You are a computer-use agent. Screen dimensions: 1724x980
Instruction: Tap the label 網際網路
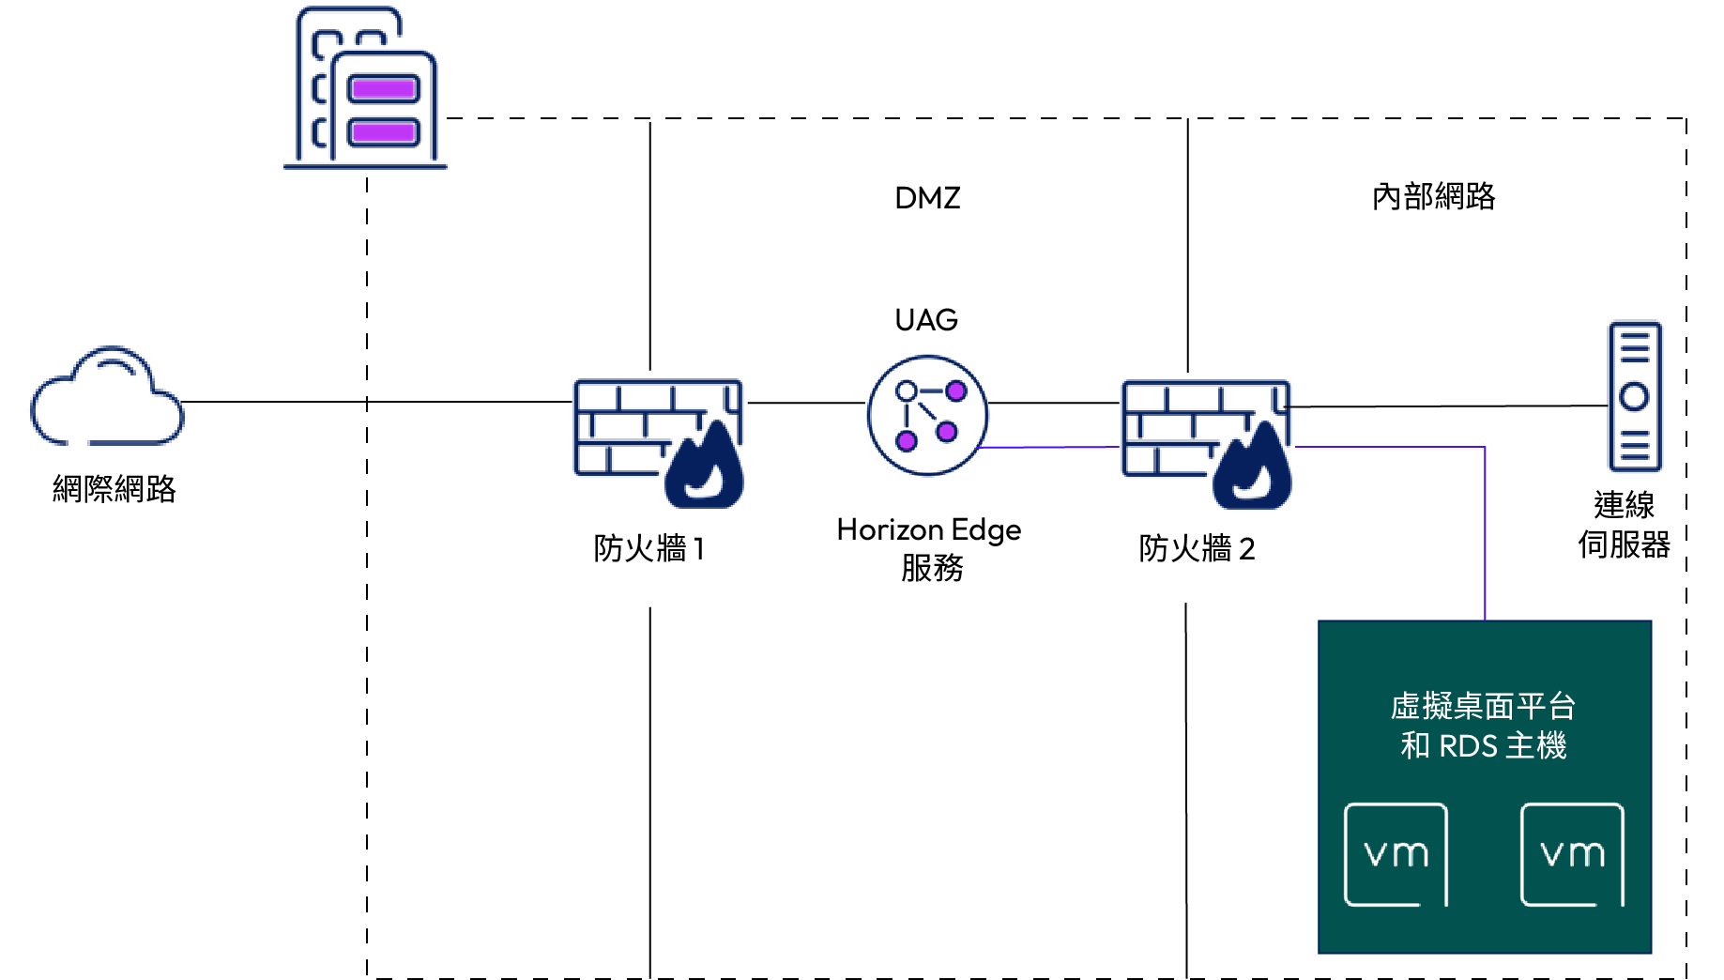click(x=114, y=489)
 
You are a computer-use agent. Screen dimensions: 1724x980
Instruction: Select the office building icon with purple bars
click(x=365, y=88)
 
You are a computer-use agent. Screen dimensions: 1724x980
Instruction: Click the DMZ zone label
click(x=927, y=198)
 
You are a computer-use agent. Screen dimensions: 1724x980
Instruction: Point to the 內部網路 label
click(x=1433, y=197)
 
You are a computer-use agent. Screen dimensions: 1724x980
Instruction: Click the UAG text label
click(x=926, y=320)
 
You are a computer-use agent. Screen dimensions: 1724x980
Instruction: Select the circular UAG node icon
click(x=927, y=415)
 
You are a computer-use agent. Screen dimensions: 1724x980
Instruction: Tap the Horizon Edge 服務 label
click(x=929, y=548)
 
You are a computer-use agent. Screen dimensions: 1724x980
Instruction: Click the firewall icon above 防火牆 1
click(x=659, y=443)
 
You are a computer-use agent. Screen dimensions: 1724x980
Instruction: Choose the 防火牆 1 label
click(x=648, y=548)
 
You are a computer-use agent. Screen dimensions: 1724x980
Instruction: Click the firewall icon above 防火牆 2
click(x=1207, y=444)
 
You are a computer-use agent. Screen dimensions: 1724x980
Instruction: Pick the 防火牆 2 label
click(x=1197, y=548)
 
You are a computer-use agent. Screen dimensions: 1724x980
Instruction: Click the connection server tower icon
click(x=1635, y=396)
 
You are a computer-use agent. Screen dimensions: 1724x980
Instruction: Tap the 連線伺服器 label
click(x=1624, y=525)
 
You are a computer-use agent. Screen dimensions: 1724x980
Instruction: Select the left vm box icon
click(x=1396, y=854)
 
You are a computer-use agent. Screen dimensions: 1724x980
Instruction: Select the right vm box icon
click(x=1572, y=854)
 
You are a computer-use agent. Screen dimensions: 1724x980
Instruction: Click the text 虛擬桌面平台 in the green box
click(x=1483, y=706)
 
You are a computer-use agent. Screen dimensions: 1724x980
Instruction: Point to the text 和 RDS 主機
click(x=1483, y=745)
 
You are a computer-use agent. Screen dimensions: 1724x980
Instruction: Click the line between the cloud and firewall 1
click(x=377, y=402)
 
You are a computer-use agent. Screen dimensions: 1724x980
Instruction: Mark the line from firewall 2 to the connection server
click(x=1450, y=406)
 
